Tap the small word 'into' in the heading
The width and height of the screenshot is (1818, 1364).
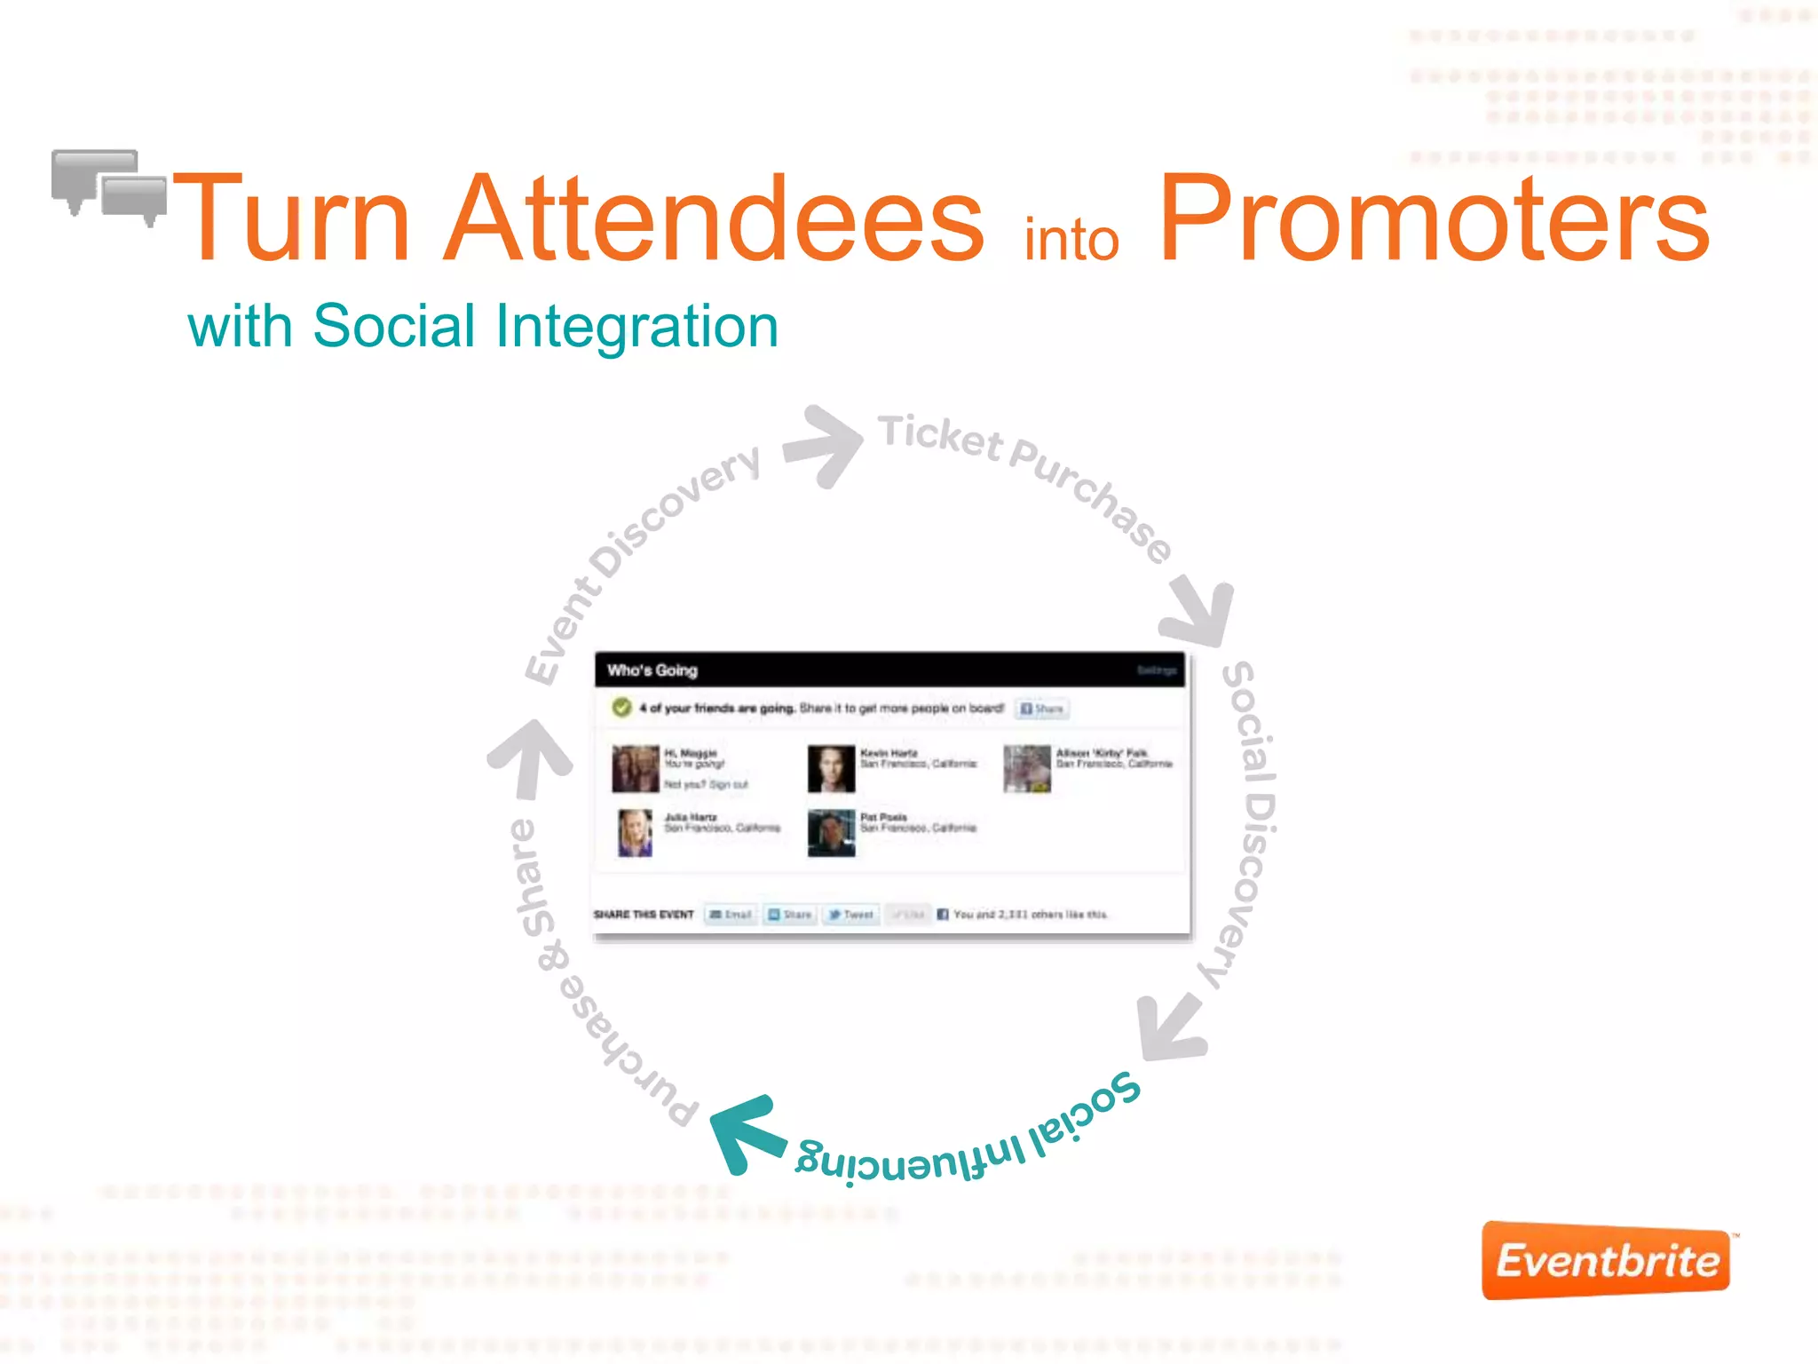coord(1071,240)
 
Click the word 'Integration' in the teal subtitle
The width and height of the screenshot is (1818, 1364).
coord(636,327)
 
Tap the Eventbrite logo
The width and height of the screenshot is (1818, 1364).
coord(1606,1261)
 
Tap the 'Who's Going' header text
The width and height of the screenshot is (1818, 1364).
coord(652,670)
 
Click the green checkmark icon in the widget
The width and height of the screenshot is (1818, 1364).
coord(621,708)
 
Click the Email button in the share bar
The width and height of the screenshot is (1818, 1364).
coord(731,914)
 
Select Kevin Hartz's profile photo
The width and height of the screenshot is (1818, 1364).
coord(831,768)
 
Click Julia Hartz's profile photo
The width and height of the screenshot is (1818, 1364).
coord(635,832)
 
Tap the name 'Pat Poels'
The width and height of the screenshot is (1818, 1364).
coord(883,817)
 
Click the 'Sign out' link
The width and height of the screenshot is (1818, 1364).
coord(728,784)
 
